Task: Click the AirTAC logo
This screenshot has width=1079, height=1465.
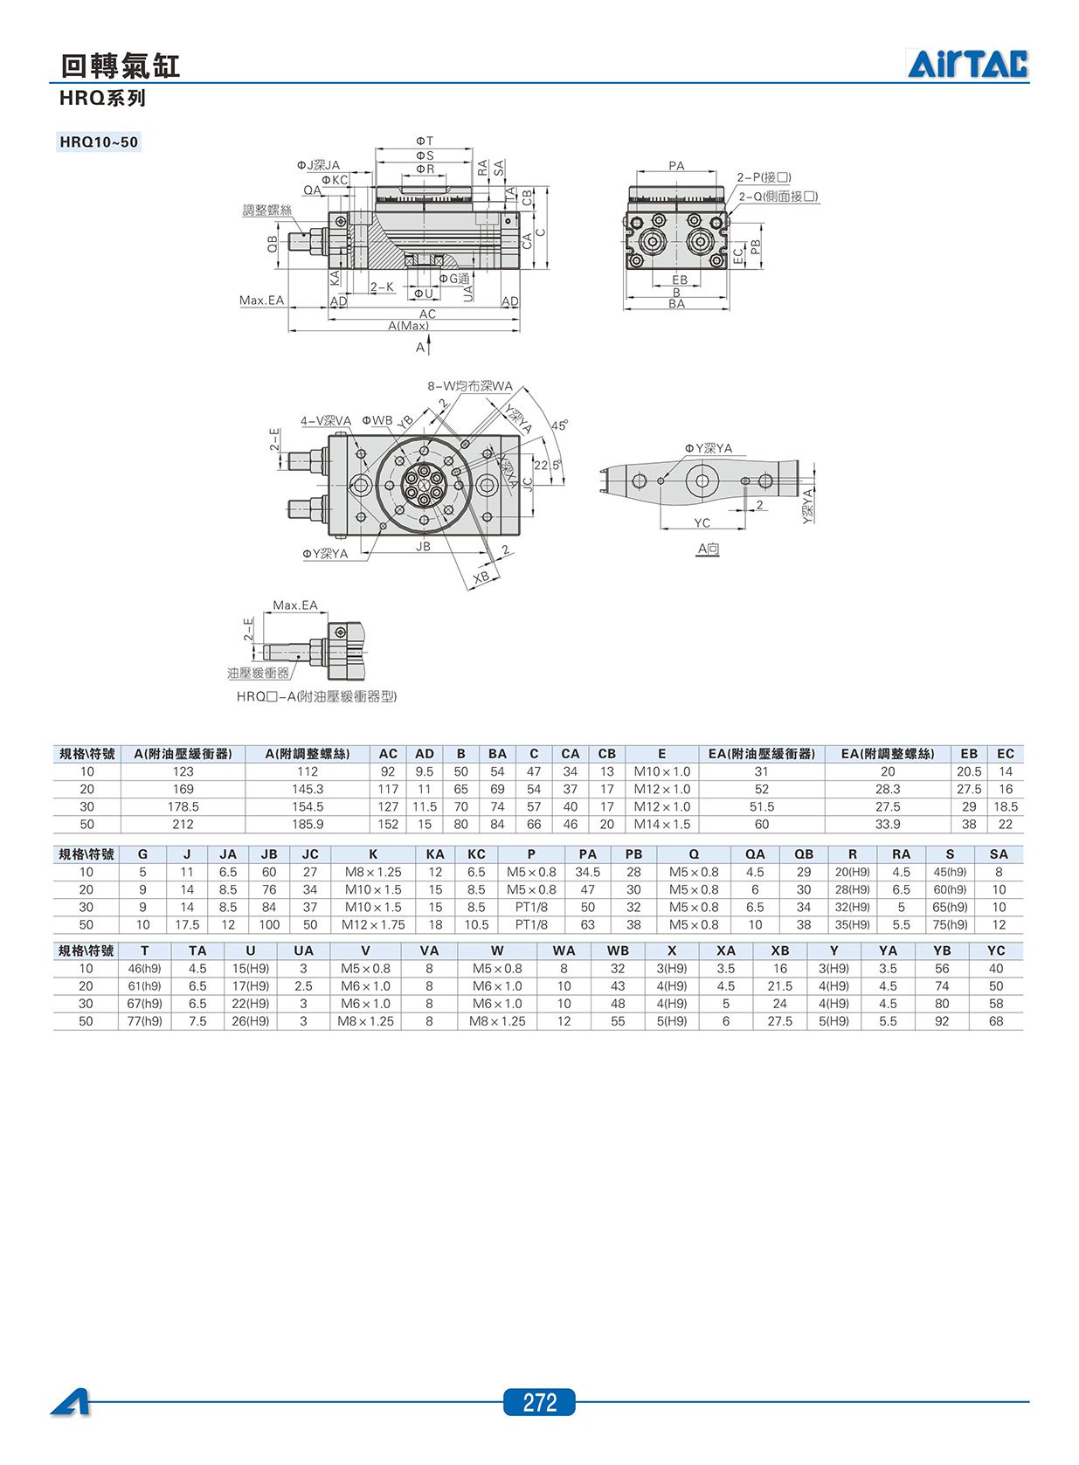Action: coord(967,64)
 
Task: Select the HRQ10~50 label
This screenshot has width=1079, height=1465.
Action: coord(99,142)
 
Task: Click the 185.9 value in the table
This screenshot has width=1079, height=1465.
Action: coord(308,824)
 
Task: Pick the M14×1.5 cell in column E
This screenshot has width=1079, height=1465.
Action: coord(661,824)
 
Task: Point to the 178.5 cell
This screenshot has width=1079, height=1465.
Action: coord(183,806)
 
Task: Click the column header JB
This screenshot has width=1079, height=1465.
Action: coord(269,854)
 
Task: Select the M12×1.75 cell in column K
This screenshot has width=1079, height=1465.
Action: coord(373,925)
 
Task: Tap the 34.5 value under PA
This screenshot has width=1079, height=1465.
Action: coord(587,872)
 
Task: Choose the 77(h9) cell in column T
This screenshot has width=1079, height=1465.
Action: coord(144,1021)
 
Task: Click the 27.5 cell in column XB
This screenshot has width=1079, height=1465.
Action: coord(779,1021)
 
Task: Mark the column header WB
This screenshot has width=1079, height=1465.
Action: coord(618,950)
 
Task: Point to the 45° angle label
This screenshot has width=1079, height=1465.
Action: coord(559,425)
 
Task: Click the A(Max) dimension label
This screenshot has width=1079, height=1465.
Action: coord(408,326)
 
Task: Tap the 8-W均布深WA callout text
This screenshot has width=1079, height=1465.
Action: coord(470,386)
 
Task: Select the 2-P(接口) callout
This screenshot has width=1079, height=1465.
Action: coord(764,177)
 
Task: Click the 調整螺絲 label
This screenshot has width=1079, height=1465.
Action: coord(267,210)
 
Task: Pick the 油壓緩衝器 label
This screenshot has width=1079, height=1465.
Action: coord(259,673)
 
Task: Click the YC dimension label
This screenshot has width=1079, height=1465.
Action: coord(702,522)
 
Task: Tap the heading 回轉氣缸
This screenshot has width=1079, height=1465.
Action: coord(121,66)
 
